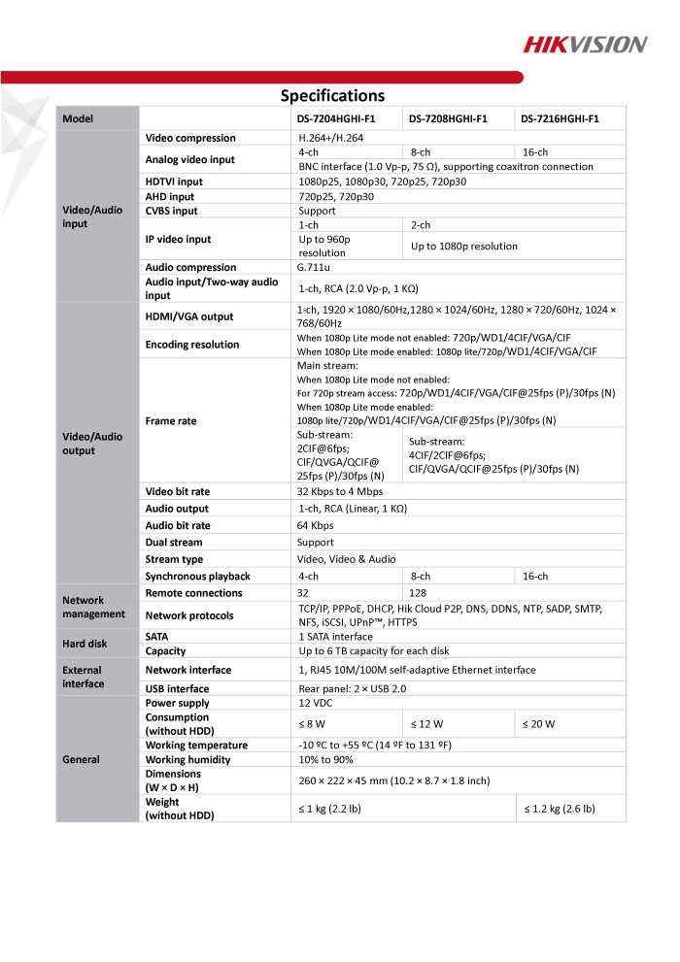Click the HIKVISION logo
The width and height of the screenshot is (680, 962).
click(x=585, y=44)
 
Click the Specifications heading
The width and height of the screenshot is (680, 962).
click(x=332, y=95)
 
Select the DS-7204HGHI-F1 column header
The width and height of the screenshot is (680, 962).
click(x=336, y=118)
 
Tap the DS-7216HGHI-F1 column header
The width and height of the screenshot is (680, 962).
click(x=560, y=118)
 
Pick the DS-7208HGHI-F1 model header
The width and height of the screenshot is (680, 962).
click(x=448, y=118)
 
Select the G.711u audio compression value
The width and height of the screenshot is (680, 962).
click(x=315, y=267)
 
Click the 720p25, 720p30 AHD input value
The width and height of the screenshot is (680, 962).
click(x=336, y=196)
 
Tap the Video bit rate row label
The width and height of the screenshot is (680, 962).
click(x=177, y=492)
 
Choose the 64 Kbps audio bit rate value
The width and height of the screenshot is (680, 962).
click(x=316, y=525)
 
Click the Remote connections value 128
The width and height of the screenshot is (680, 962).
click(x=419, y=592)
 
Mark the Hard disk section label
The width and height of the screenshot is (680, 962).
click(x=85, y=644)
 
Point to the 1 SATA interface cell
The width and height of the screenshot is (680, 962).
click(x=335, y=637)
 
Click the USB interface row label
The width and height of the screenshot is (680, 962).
click(x=177, y=688)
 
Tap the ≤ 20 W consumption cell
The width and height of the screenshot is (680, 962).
click(x=540, y=723)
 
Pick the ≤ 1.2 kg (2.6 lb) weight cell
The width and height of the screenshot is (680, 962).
click(x=560, y=808)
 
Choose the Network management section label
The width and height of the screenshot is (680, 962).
click(x=93, y=607)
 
